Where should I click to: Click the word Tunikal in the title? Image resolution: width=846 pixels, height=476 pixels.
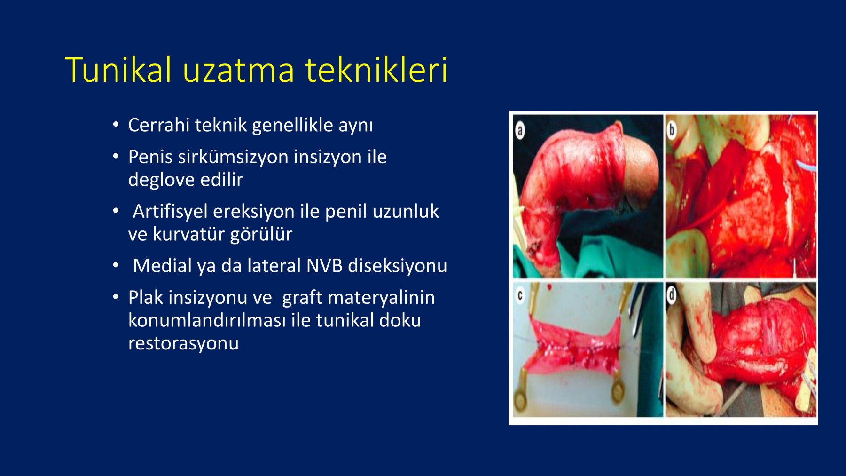(119, 70)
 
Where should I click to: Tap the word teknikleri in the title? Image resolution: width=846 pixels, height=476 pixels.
(376, 70)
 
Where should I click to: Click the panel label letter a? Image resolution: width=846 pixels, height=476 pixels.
(520, 130)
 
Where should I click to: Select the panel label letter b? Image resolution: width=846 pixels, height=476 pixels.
(672, 130)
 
